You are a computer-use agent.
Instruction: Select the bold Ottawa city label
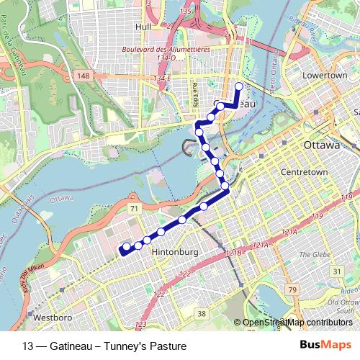point(320,145)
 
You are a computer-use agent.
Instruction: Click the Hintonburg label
point(175,253)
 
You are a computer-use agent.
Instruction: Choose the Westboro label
point(51,317)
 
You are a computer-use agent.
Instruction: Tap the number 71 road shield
point(133,208)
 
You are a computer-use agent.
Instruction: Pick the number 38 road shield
point(202,313)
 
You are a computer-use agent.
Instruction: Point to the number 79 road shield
point(292,289)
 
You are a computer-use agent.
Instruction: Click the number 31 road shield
point(337,271)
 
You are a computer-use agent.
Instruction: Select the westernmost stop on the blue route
point(127,247)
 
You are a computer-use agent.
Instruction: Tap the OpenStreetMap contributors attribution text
point(297,323)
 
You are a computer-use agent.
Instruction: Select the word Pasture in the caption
point(168,346)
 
